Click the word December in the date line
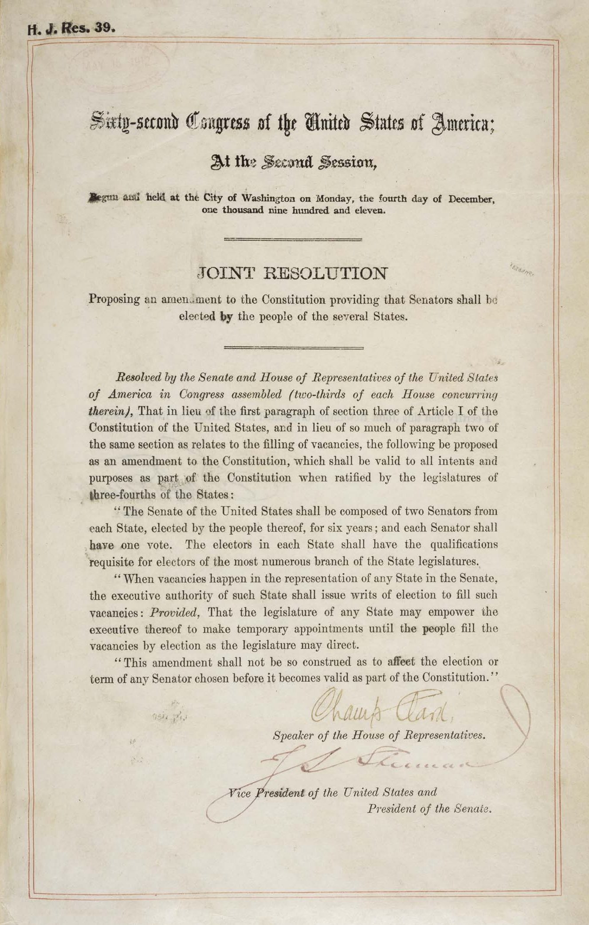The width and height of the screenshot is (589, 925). (471, 199)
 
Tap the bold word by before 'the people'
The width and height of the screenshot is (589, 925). (227, 317)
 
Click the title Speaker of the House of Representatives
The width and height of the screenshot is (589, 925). (379, 735)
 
